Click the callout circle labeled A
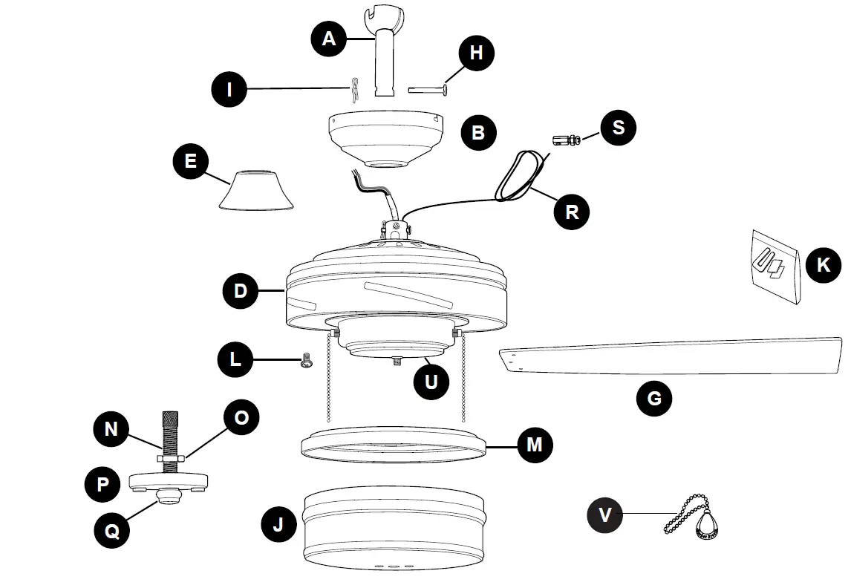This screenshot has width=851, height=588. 329,39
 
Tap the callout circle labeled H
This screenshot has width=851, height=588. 476,53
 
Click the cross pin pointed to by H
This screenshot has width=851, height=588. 428,90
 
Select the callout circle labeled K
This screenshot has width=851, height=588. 823,264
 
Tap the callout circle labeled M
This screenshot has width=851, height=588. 534,445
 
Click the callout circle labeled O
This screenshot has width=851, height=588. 241,418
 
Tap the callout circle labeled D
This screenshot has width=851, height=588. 241,290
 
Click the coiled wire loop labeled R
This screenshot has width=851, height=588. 518,178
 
